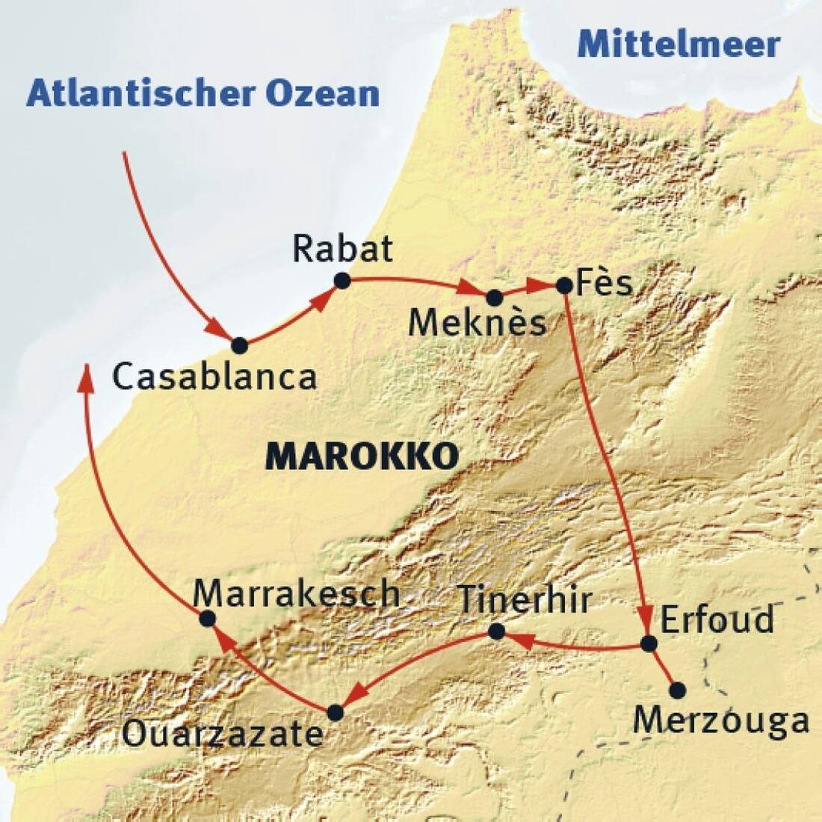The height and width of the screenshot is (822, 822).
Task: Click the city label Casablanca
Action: coord(214,377)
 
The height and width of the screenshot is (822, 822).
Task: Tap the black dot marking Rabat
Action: coord(342,280)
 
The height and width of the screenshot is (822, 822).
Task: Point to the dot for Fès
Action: coord(564,285)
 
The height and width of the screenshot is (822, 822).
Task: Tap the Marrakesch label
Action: coord(297,593)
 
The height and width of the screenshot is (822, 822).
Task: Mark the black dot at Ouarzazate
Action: coord(336,712)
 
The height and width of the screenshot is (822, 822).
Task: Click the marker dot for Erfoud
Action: coord(649,643)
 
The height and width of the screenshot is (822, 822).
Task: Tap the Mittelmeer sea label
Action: coord(679,45)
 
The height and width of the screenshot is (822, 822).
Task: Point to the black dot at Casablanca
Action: coord(239,345)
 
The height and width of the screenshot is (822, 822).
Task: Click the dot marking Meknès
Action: coord(494,297)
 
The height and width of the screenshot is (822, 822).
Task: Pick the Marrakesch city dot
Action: coord(208,618)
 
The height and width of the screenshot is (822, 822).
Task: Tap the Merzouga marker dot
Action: coord(677,689)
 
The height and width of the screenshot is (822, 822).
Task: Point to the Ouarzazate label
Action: coord(222,735)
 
